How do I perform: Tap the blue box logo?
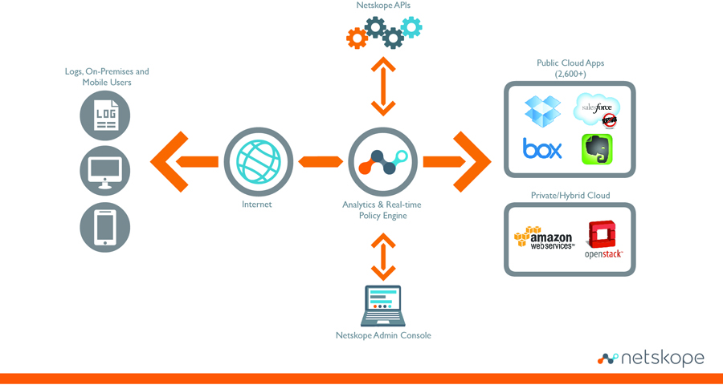click(542, 148)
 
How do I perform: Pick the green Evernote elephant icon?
click(597, 149)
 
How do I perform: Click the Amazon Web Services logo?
click(545, 238)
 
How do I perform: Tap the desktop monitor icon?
click(105, 170)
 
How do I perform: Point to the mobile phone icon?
click(105, 226)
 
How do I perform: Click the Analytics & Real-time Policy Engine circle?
click(382, 161)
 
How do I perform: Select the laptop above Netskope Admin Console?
click(383, 306)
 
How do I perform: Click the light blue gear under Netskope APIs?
click(411, 27)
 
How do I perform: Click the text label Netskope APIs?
click(383, 6)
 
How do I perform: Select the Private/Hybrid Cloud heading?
click(570, 196)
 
